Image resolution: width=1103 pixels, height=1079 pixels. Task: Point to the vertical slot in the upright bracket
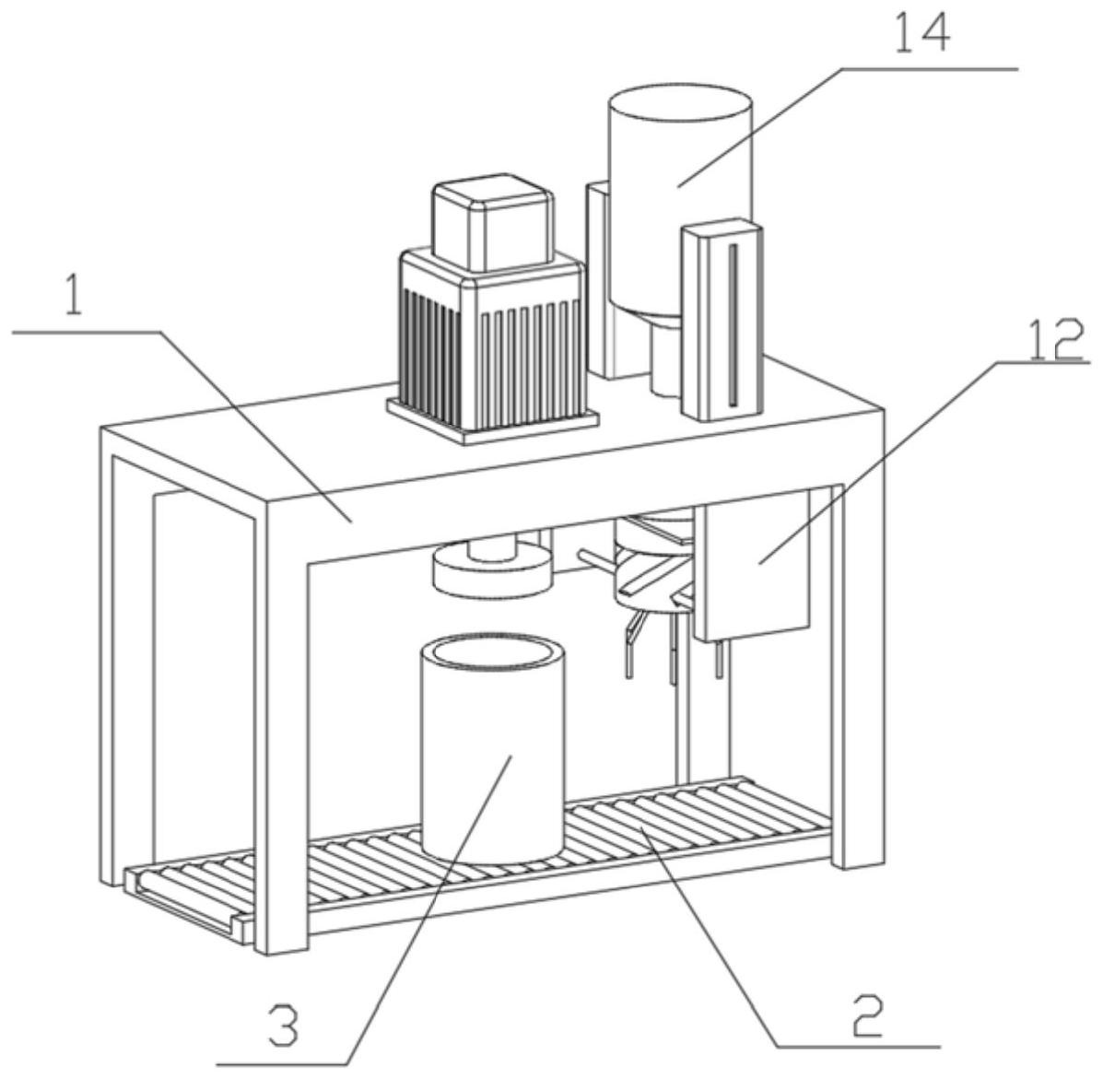(x=733, y=323)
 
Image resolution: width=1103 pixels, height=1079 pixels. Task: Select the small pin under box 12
(x=718, y=660)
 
